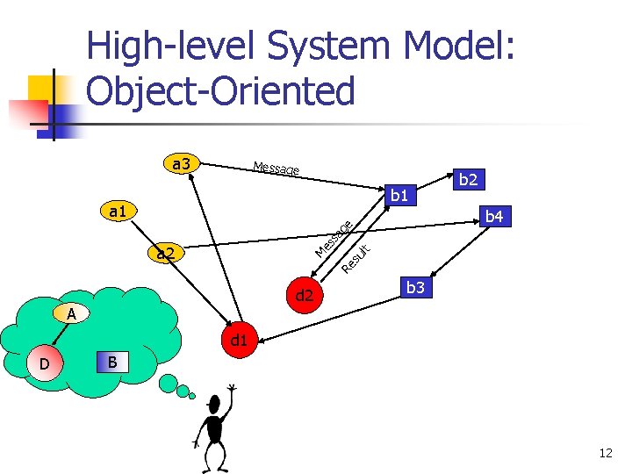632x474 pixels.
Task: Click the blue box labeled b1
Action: pyautogui.click(x=401, y=194)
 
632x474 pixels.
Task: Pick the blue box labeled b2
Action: pyautogui.click(x=468, y=180)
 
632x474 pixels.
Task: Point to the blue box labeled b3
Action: pyautogui.click(x=415, y=287)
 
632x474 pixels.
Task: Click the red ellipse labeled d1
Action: pyautogui.click(x=237, y=338)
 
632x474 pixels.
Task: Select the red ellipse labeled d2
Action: pyautogui.click(x=305, y=296)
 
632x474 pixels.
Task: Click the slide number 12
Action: pyautogui.click(x=605, y=453)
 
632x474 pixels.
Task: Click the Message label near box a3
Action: pyautogui.click(x=276, y=168)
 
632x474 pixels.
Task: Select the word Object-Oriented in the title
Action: pyautogui.click(x=221, y=90)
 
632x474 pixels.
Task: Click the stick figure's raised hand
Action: pyautogui.click(x=232, y=388)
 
